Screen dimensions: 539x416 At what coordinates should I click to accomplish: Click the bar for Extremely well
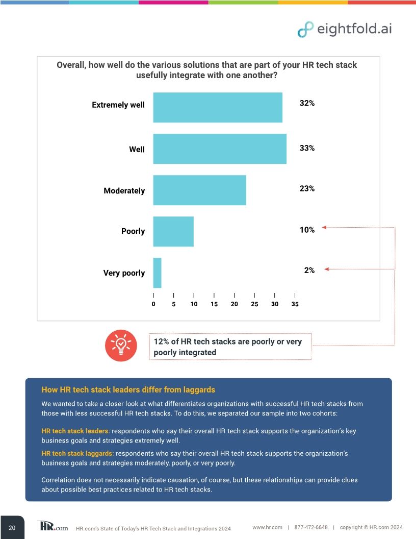click(x=218, y=107)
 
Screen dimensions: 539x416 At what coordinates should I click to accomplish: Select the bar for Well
click(x=220, y=149)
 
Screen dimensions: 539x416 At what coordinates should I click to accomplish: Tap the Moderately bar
click(x=199, y=190)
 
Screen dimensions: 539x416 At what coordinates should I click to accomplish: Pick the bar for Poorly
click(x=173, y=231)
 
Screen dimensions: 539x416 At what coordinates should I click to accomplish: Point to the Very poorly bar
click(x=157, y=273)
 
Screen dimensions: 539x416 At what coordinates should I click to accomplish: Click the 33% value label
click(x=306, y=148)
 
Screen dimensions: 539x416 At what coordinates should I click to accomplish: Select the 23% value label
click(x=306, y=188)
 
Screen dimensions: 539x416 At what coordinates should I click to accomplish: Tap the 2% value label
click(x=309, y=270)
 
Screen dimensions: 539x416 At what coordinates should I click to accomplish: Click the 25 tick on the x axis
click(x=254, y=304)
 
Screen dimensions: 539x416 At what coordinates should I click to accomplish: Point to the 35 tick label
click(x=295, y=304)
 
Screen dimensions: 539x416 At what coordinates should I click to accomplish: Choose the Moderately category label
click(x=124, y=191)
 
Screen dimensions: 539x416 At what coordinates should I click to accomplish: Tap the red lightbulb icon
click(x=120, y=346)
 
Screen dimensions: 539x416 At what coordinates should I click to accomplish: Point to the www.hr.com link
click(x=267, y=527)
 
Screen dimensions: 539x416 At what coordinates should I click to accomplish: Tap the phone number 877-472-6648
click(x=311, y=527)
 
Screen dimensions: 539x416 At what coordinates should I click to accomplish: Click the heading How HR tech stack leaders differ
click(x=128, y=390)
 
